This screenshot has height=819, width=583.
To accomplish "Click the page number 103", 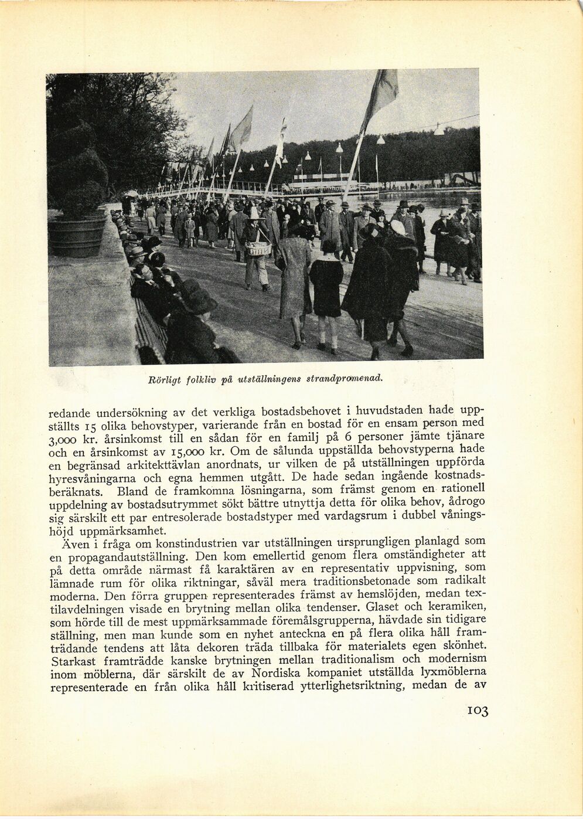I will click(478, 711).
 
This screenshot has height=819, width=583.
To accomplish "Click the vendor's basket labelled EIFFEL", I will click(258, 249).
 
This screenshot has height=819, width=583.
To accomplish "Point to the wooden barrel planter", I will click(77, 235).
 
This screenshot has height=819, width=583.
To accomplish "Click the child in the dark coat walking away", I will click(326, 287).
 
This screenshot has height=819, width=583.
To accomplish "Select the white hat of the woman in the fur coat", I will click(398, 227).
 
